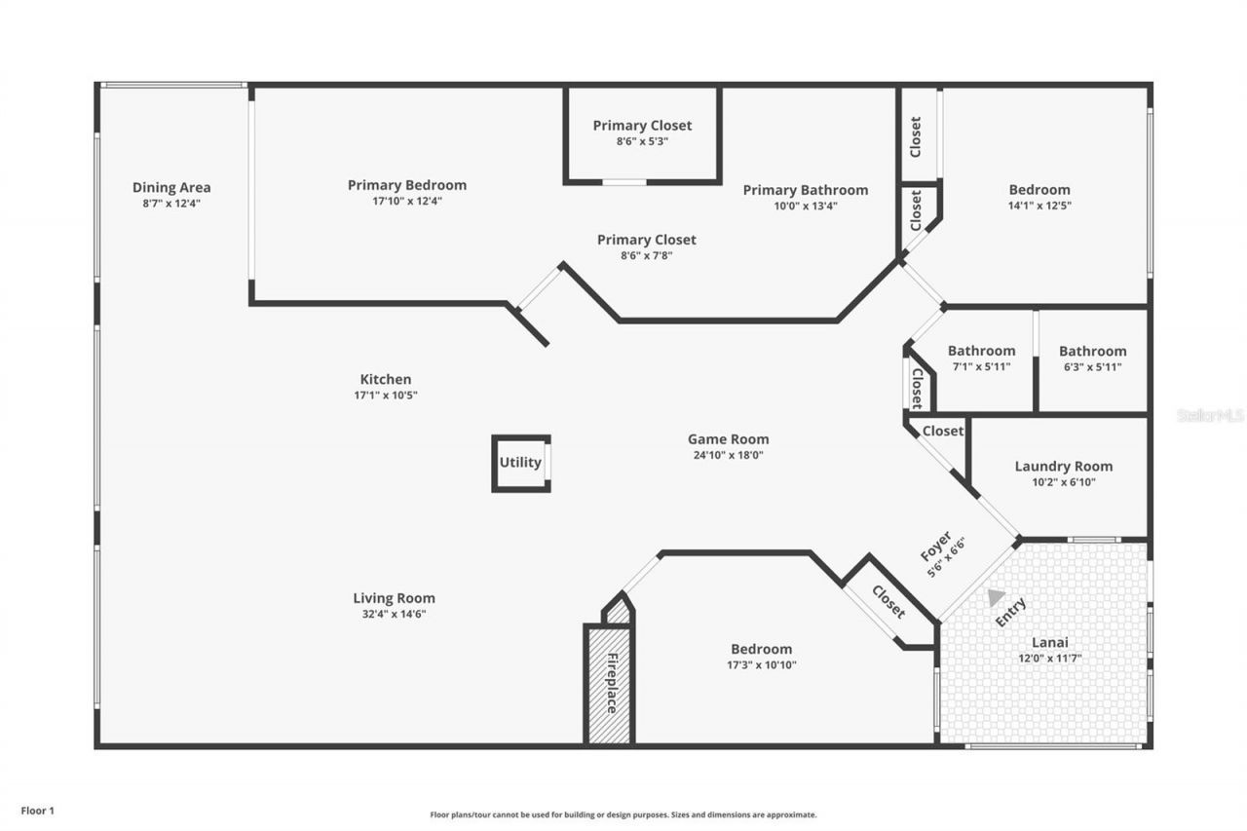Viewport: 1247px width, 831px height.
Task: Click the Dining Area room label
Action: click(x=171, y=187)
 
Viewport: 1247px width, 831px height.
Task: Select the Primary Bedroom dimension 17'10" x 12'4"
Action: click(x=407, y=201)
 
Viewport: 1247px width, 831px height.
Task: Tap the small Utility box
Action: click(x=520, y=463)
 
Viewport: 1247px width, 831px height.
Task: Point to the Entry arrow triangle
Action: click(x=995, y=597)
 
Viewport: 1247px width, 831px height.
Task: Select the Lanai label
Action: click(x=1050, y=642)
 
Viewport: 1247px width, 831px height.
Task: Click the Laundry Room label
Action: click(x=1063, y=466)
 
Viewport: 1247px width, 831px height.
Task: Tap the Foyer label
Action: click(x=936, y=548)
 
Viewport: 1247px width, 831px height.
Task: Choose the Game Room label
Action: click(x=728, y=438)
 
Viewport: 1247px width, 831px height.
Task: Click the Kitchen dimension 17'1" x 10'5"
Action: click(x=386, y=395)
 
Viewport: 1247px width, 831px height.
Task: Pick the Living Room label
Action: click(x=394, y=598)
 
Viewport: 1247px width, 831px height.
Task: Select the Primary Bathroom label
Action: click(x=805, y=190)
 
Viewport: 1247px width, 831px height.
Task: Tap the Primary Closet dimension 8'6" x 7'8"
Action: click(x=646, y=255)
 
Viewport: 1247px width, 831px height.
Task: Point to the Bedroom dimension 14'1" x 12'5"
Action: click(x=1039, y=206)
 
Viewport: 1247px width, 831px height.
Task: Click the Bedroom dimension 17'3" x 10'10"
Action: click(x=761, y=664)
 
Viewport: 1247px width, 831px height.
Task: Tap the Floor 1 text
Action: click(x=38, y=811)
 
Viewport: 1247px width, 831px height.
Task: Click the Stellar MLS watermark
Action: click(x=1210, y=415)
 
